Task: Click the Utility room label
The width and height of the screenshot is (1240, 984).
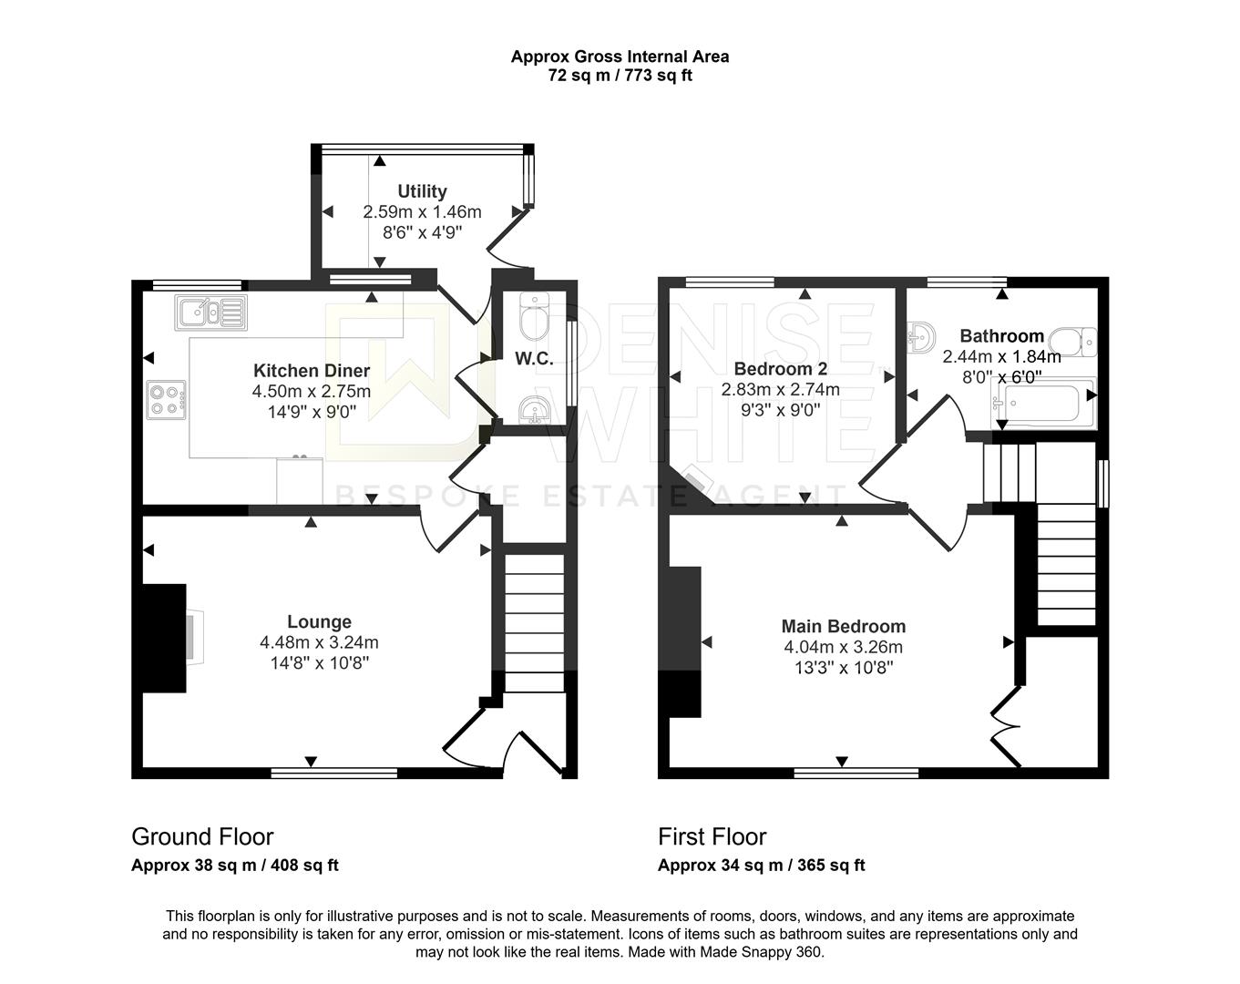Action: pos(423,191)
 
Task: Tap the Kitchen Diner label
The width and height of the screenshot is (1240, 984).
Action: pos(312,371)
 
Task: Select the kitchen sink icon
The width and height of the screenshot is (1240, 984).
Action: pos(210,313)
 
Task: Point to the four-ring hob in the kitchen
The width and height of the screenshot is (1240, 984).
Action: pos(167,400)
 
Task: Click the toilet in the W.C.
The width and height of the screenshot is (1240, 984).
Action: pos(535,316)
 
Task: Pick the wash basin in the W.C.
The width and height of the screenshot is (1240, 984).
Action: pos(535,411)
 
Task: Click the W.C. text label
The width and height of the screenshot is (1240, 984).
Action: pos(534,359)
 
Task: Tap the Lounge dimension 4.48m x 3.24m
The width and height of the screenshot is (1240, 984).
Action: pos(319,642)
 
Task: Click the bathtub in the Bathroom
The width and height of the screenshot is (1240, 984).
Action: pos(1043,403)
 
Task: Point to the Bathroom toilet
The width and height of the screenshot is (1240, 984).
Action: pos(1073,343)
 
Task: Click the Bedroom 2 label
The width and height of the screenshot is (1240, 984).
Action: pos(781,368)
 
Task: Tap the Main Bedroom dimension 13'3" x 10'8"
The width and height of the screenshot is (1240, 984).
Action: pos(844,668)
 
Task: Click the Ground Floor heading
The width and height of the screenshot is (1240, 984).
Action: pos(202,836)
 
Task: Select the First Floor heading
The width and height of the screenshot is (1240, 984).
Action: pos(712,836)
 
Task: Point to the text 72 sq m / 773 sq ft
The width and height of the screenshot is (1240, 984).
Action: pos(620,76)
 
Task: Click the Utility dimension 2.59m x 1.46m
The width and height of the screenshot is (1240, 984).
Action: pos(423,212)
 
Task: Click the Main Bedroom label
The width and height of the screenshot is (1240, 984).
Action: pos(844,626)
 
